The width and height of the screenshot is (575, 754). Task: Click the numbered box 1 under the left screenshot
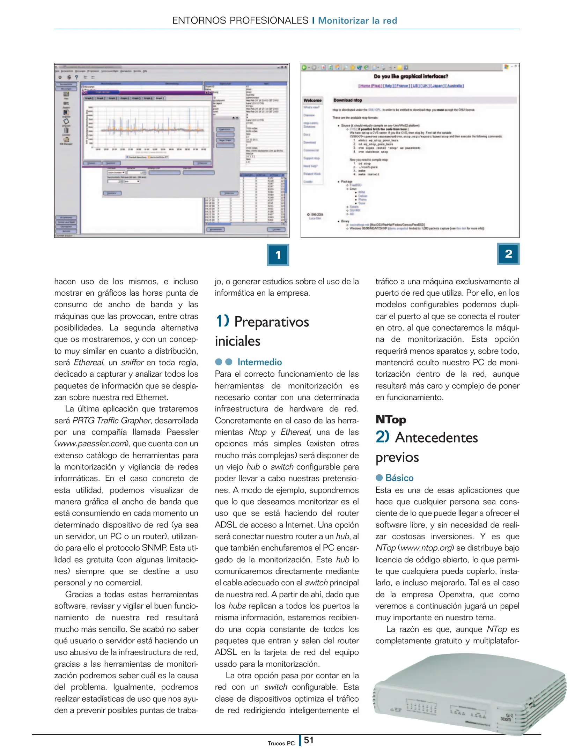tap(278, 255)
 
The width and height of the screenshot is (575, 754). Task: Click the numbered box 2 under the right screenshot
tap(508, 254)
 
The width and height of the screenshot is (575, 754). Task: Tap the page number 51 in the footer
tap(309, 740)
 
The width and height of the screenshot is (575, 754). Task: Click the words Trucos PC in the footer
tap(281, 743)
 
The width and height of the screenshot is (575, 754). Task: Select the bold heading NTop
tap(391, 419)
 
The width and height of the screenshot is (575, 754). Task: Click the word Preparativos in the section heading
tap(271, 322)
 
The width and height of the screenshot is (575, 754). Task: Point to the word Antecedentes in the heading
tap(436, 438)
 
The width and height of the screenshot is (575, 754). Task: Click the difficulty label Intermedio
tap(259, 362)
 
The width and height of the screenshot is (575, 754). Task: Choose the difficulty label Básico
tap(399, 478)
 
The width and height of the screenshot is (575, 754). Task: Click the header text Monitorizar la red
tap(357, 21)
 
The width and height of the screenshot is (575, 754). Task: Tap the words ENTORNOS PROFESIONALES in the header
tap(240, 21)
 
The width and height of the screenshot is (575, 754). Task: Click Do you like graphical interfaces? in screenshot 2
tap(411, 76)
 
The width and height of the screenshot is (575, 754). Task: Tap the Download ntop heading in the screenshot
tap(347, 100)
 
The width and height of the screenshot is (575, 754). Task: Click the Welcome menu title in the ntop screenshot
tap(312, 100)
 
